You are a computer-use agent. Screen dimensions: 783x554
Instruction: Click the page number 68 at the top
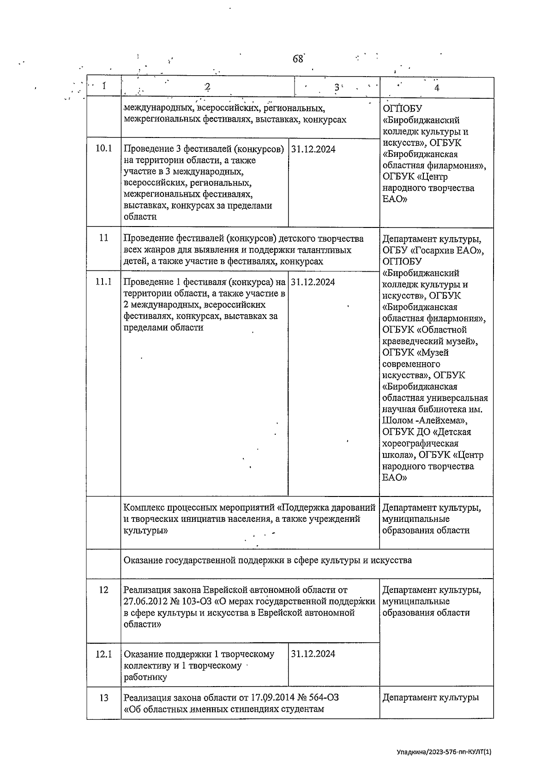(x=298, y=59)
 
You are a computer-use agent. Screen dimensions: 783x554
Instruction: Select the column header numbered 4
(x=437, y=88)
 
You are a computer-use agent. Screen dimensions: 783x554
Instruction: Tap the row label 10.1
(x=103, y=149)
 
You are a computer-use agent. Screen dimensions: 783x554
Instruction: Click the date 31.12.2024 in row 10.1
(x=313, y=149)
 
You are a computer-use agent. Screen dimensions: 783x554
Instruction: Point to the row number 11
(x=103, y=238)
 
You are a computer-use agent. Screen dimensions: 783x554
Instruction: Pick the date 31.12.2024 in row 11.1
(x=313, y=282)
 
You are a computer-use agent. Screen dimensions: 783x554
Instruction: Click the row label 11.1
(x=103, y=282)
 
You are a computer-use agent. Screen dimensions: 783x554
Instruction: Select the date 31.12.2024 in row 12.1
(x=313, y=654)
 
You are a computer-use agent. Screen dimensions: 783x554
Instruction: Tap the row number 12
(x=103, y=590)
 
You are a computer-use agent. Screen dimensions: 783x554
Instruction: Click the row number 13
(x=103, y=698)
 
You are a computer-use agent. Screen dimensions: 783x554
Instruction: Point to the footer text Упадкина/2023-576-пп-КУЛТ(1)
(x=444, y=752)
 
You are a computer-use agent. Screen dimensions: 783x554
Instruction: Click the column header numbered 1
(x=104, y=86)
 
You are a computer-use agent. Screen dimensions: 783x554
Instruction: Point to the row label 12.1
(x=103, y=654)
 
